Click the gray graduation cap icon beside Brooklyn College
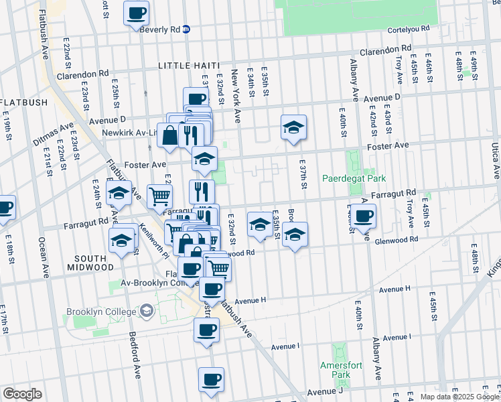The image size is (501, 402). [x=146, y=312]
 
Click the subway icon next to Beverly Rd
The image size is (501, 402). [x=186, y=29]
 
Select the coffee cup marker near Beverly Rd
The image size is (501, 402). [x=137, y=13]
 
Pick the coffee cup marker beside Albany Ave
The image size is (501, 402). [x=364, y=216]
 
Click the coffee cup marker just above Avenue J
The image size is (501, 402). [x=211, y=379]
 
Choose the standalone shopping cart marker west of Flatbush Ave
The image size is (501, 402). [x=160, y=196]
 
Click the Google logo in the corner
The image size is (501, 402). [x=22, y=394]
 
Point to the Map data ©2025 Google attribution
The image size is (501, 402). [x=459, y=397]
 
